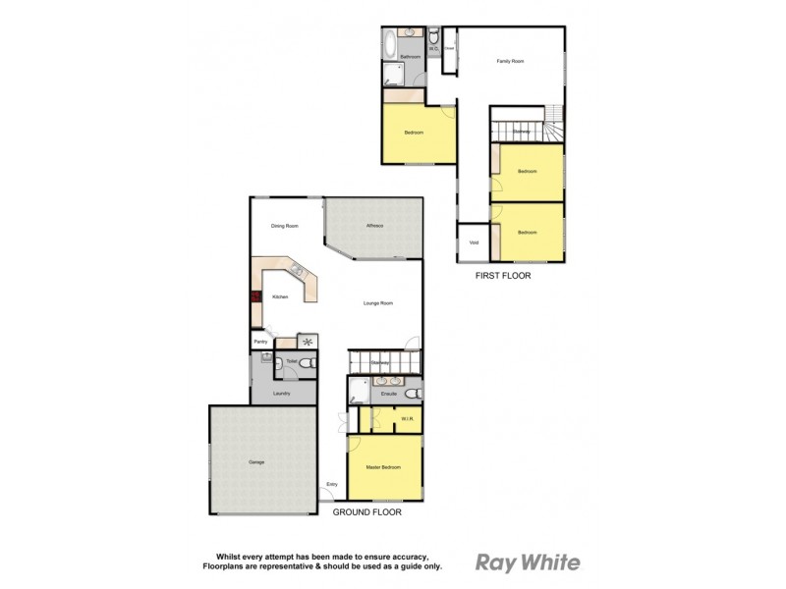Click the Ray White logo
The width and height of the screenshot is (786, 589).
pos(528,562)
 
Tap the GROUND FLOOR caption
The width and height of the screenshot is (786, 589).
pos(366,512)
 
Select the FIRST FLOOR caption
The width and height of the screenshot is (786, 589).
pos(502,276)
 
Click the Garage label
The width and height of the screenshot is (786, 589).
pos(256,461)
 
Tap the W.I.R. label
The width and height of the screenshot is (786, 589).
pos(406,419)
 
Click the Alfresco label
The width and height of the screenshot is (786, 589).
pos(374,227)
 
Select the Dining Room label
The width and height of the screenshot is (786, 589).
pos(285,227)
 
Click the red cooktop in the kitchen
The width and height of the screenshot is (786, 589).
pos(256,297)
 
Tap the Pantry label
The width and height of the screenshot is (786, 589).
pos(260,342)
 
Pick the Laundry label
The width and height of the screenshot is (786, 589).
pos(282,392)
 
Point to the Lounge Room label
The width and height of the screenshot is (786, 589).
pos(377,303)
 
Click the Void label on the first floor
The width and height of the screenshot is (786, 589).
pos(474,243)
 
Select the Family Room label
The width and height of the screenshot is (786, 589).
pos(510,61)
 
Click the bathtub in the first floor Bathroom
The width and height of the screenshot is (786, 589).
pos(390,44)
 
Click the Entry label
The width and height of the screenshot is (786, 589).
pos(332,483)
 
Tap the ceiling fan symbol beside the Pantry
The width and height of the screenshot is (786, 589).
pos(309,342)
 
